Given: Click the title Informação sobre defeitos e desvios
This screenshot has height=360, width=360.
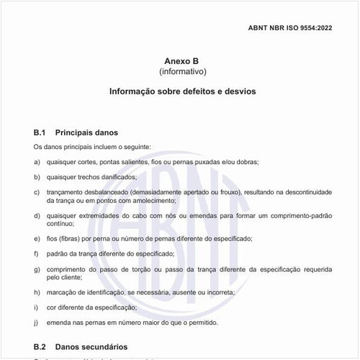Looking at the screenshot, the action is click(x=182, y=92).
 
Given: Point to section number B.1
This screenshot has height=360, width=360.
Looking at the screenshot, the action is click(x=40, y=132).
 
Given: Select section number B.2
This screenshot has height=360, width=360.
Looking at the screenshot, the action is click(x=40, y=346).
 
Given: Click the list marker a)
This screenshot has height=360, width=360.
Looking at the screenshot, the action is click(x=37, y=162).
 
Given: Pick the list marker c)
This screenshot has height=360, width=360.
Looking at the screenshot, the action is click(x=37, y=192).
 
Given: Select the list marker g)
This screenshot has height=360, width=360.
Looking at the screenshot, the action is click(x=37, y=269).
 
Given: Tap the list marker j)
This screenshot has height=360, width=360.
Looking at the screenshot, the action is click(x=37, y=323).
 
